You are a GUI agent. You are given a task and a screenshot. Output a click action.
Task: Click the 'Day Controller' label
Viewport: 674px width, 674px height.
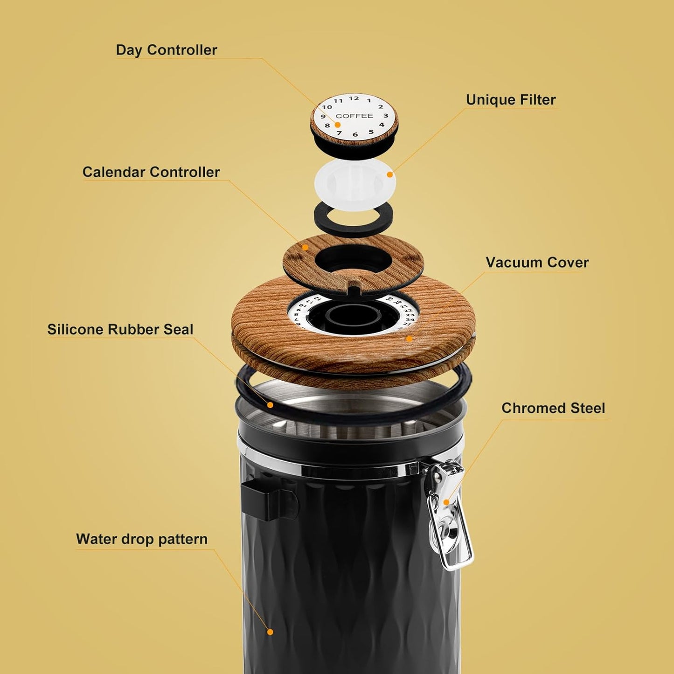(166, 50)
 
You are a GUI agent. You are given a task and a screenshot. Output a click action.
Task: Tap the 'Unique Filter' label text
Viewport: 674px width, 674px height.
(511, 100)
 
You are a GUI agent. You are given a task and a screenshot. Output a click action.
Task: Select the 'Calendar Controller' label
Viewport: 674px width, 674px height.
(151, 172)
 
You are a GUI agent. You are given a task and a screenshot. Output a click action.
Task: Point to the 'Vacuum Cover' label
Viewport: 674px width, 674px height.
(537, 263)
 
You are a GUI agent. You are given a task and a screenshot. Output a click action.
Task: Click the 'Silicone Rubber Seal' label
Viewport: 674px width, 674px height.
(120, 330)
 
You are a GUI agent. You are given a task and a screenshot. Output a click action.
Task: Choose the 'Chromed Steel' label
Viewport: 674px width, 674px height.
(553, 408)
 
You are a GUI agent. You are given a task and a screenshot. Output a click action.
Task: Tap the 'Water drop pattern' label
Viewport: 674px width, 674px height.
(141, 539)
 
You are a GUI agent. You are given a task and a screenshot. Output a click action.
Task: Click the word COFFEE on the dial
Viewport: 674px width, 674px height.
(354, 116)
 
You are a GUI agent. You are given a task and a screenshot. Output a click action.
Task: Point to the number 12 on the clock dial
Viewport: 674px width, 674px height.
(354, 98)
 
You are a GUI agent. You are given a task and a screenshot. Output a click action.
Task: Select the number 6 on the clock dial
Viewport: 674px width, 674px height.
(355, 134)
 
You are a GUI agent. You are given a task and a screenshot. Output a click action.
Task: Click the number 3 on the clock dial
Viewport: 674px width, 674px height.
(386, 116)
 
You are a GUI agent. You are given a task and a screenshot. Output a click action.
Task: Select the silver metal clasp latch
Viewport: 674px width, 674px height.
(449, 518)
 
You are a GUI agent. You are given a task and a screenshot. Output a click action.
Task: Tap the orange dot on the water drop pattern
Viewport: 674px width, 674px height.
(270, 632)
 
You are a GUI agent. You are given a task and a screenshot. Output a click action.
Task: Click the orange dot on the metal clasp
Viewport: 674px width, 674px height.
(446, 502)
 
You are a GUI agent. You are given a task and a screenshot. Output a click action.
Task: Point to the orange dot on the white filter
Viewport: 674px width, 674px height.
(390, 174)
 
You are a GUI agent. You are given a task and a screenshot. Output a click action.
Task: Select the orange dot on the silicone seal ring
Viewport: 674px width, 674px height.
(270, 405)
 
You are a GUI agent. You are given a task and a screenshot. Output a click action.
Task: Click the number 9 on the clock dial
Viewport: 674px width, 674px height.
(323, 117)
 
